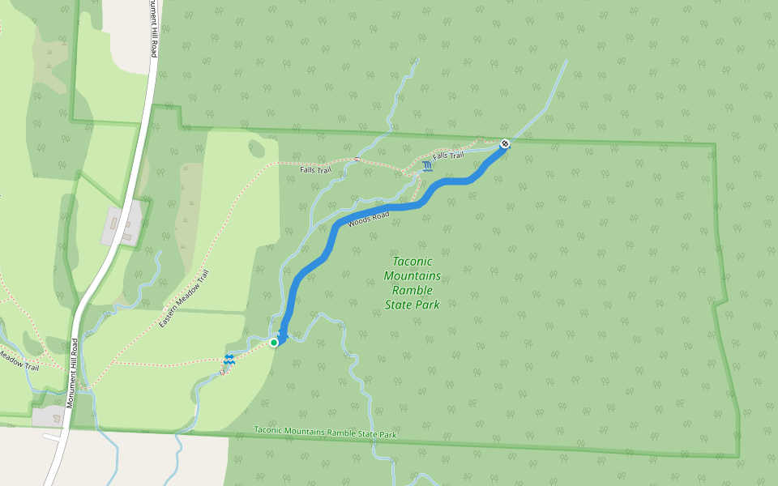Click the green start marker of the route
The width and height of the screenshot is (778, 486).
click(274, 343)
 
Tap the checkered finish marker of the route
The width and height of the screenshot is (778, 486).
click(504, 143)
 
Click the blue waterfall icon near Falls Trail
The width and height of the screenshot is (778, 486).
click(427, 166)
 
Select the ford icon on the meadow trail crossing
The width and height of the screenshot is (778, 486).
click(229, 359)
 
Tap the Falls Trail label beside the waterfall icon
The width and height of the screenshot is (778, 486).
click(448, 156)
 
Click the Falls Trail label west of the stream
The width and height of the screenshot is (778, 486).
click(315, 170)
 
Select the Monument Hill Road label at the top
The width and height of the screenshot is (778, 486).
click(152, 28)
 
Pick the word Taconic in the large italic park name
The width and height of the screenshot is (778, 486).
click(413, 261)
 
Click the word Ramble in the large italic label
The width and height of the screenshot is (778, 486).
click(412, 290)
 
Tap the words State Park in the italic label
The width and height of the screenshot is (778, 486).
click(412, 305)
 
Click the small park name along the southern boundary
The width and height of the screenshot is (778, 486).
click(325, 433)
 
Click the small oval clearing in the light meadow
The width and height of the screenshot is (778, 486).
click(258, 149)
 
